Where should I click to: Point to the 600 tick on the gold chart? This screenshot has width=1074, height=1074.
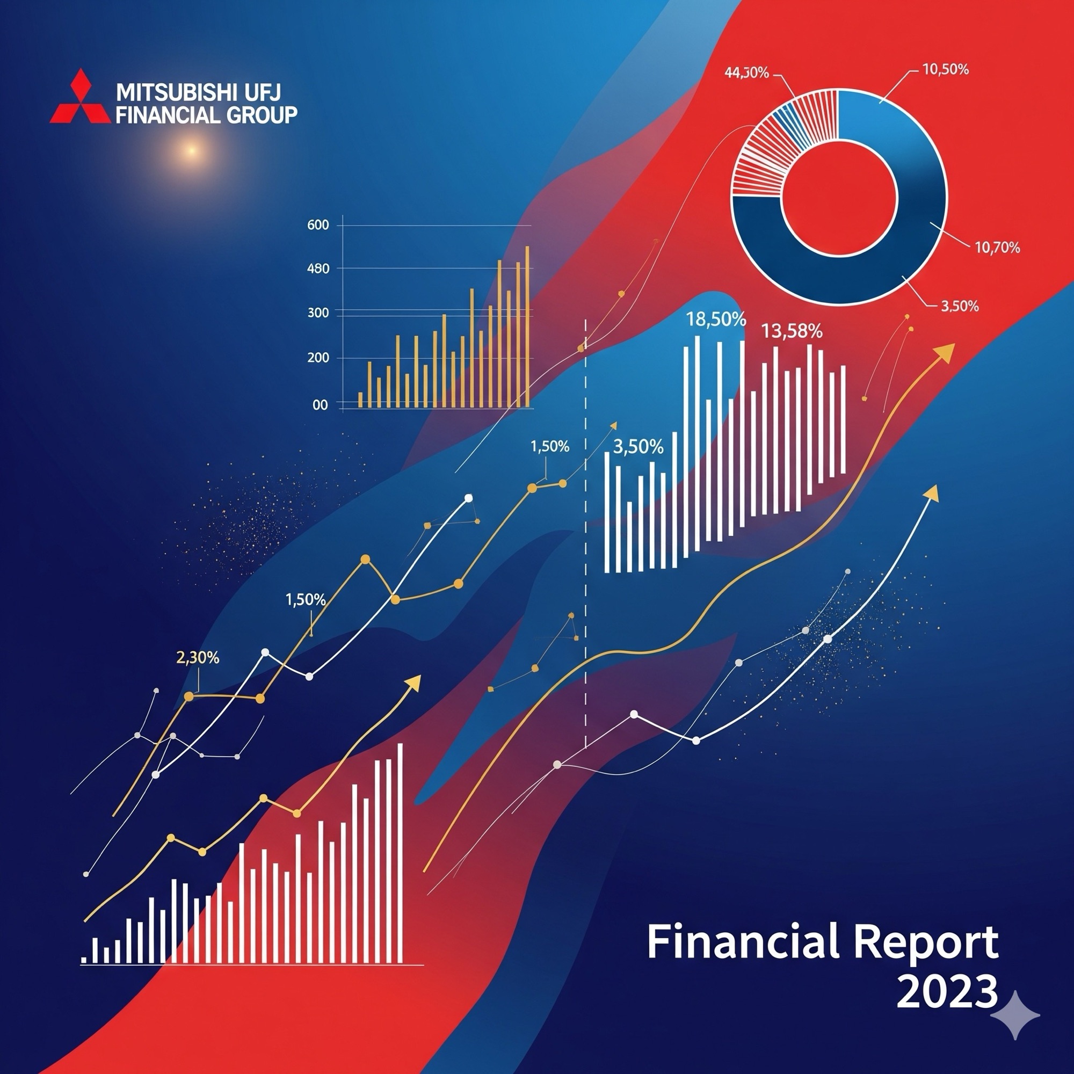point(318,225)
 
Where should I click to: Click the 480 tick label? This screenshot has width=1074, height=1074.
point(318,269)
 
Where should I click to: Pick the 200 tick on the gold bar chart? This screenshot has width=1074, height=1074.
point(318,358)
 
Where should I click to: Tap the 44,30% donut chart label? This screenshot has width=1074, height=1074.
point(747,72)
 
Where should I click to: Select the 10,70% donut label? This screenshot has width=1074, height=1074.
point(997,248)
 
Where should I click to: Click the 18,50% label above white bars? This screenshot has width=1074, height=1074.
point(716,320)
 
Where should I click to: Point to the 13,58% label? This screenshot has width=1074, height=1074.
point(791,332)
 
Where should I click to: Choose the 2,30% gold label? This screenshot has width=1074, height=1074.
point(197,658)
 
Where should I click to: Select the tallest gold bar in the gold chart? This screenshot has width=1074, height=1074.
point(527,327)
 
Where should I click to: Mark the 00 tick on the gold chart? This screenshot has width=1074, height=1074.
point(320,405)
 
